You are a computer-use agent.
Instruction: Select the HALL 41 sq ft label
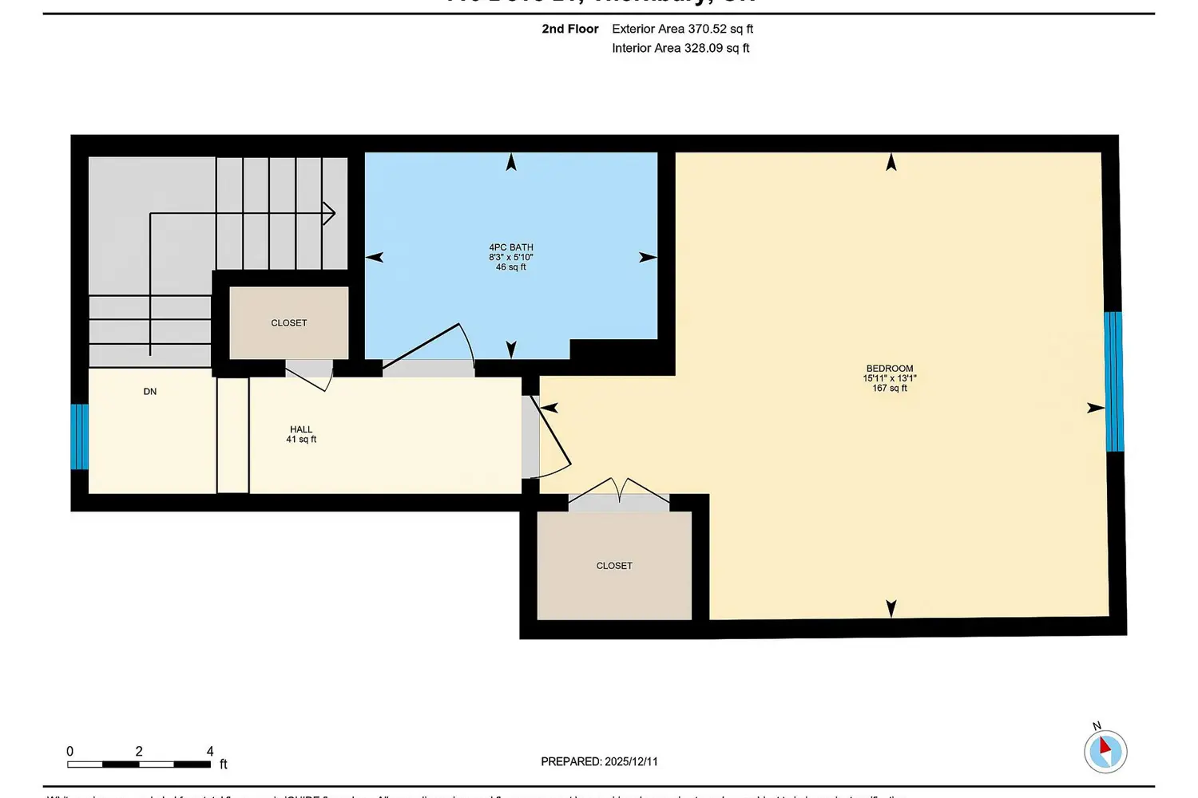pos(301,434)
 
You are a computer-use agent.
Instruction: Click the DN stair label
pos(150,392)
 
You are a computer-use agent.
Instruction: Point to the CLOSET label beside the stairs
pos(288,323)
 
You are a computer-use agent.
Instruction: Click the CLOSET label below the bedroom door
pos(614,566)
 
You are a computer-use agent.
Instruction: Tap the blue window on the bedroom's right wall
pos(1113,381)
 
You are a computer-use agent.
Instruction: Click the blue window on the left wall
pos(79,437)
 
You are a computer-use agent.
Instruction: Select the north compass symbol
pos(1105,750)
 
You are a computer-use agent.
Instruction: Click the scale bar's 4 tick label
pos(210,751)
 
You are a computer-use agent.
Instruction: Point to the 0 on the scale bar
pos(70,751)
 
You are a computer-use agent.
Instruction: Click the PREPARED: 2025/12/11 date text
pos(599,761)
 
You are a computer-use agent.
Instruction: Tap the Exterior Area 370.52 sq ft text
pos(682,29)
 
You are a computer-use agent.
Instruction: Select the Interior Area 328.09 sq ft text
pos(680,48)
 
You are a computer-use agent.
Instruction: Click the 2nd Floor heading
pos(569,29)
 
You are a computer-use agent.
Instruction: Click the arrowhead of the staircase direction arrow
pos(329,213)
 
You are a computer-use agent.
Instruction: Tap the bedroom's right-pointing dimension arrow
pos(1096,408)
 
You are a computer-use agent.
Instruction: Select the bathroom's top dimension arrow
pos(511,162)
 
